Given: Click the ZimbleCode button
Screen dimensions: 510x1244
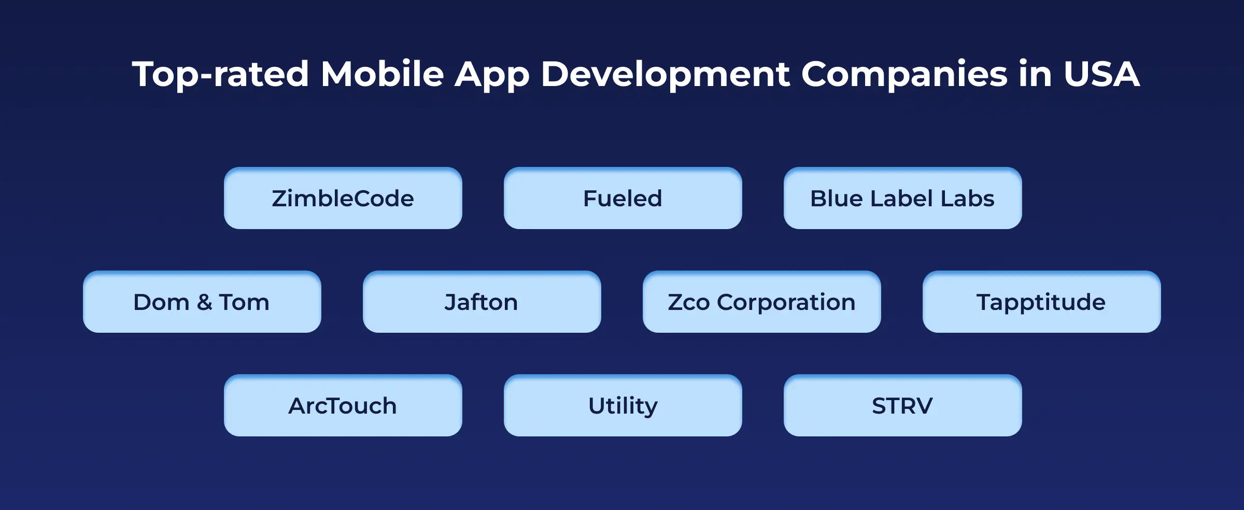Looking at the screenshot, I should pos(343,198).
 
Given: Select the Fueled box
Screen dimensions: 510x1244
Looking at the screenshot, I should pos(623,198).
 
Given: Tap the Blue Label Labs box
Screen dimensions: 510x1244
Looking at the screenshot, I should pos(902,198).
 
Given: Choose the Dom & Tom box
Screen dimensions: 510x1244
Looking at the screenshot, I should pos(202,302).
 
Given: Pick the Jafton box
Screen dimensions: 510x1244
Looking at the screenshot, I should pos(482,302).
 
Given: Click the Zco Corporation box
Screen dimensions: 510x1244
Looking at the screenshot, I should pos(761,302).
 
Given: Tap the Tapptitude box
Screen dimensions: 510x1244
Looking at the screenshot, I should pos(1041,302).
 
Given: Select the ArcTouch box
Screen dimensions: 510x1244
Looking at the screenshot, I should pos(343,405).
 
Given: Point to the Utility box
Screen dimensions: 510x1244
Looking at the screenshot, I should pos(623,405).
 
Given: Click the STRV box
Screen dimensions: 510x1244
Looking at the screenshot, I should pos(902,405).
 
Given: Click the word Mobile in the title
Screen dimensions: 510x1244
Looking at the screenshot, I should pos(382,74).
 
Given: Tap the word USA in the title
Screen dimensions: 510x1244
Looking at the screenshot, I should pos(1101,74).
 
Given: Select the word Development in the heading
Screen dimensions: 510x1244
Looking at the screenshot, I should pos(665,75).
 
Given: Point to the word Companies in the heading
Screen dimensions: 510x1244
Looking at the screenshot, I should pos(904,75).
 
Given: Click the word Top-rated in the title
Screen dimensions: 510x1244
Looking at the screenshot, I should pos(220,75).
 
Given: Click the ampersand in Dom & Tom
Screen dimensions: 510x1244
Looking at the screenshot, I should pos(204,302).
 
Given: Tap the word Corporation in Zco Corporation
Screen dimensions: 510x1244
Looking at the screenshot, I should pos(786,302).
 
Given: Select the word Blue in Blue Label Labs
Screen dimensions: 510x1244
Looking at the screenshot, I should pos(837,198).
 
